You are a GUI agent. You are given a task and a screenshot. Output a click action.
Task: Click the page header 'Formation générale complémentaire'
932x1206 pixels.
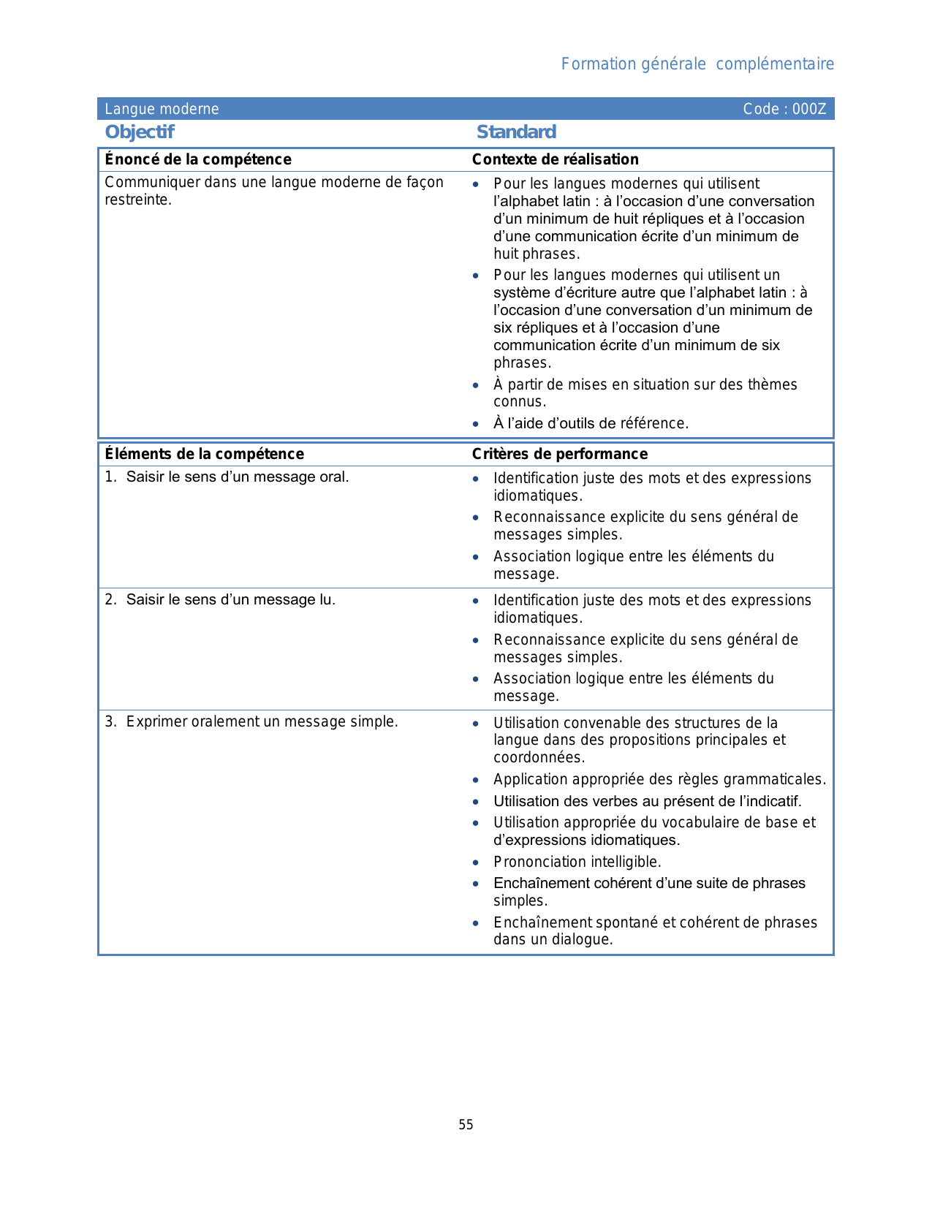(x=697, y=64)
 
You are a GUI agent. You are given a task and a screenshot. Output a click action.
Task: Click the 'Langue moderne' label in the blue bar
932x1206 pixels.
(x=162, y=110)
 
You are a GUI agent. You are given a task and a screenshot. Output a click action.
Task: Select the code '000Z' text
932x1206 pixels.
(x=809, y=110)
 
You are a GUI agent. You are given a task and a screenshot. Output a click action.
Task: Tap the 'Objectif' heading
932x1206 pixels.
(x=140, y=132)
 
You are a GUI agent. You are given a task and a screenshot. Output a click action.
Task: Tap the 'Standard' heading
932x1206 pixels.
(x=516, y=132)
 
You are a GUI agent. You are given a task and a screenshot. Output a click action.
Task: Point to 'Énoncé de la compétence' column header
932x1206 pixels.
(x=198, y=159)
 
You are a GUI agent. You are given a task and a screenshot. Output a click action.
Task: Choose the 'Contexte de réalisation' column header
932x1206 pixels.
(x=556, y=159)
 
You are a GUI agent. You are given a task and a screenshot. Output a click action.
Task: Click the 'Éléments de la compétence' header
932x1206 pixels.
(x=205, y=454)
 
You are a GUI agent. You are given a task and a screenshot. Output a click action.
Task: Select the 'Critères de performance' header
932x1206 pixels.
(x=560, y=454)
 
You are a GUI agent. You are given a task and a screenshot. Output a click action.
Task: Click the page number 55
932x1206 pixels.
(x=466, y=1125)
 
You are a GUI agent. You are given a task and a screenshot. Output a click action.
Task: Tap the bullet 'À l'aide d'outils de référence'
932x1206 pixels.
(x=591, y=423)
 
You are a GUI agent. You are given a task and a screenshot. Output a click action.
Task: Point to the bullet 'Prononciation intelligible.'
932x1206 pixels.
(x=577, y=862)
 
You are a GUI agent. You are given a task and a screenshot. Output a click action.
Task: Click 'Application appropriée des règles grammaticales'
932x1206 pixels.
(x=659, y=779)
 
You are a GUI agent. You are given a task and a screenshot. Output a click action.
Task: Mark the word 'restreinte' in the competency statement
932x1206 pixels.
(x=137, y=200)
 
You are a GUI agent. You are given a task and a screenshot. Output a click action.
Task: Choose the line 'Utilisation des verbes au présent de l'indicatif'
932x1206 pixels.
(x=648, y=801)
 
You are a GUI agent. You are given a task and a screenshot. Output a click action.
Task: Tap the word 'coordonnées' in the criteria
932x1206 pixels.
(x=538, y=758)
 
